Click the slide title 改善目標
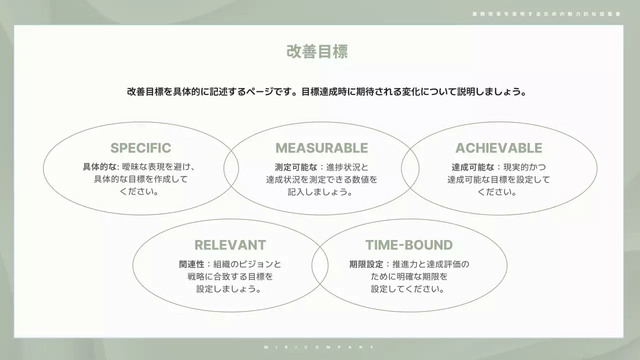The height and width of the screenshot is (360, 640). click(x=317, y=51)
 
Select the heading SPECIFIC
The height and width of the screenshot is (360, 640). click(x=140, y=148)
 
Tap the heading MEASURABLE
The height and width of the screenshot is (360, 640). click(x=321, y=148)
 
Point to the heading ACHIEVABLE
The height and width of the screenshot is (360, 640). click(x=498, y=148)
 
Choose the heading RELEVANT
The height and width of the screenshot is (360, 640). click(x=230, y=245)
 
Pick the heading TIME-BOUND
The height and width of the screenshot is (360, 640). click(x=408, y=245)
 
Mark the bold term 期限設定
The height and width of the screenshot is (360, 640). click(x=366, y=264)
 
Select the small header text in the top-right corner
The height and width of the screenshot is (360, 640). click(x=546, y=14)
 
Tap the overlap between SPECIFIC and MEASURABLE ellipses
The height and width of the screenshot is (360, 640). click(x=231, y=168)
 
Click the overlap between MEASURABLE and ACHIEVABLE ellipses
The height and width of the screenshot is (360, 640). click(x=410, y=168)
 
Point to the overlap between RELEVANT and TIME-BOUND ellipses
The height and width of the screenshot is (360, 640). click(x=320, y=265)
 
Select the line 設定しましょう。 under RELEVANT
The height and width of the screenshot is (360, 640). click(x=229, y=289)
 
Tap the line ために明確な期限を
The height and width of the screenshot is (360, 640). click(x=409, y=276)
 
